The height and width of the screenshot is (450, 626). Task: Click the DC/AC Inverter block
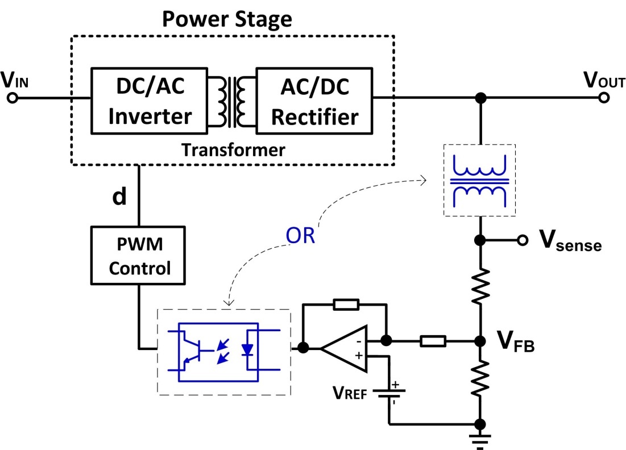point(150,101)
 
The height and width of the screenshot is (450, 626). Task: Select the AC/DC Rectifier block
point(314,101)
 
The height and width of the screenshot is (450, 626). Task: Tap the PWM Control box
point(139,257)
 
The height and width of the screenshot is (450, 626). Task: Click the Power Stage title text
point(227,19)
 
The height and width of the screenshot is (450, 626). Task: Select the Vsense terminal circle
point(521,240)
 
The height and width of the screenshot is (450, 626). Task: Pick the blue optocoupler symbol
point(225,350)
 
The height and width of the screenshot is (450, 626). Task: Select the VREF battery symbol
point(389,393)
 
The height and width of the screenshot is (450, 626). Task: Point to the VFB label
point(515,342)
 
